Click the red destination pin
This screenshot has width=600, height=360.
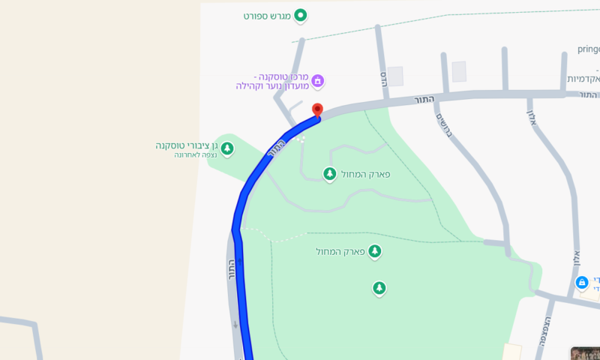(x=317, y=110)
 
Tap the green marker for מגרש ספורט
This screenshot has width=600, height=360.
(x=301, y=15)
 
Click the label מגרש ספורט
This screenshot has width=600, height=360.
(x=266, y=16)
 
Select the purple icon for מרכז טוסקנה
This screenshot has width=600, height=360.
(x=317, y=80)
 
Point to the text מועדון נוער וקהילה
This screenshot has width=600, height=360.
(x=270, y=86)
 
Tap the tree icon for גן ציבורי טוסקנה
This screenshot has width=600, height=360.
(x=226, y=148)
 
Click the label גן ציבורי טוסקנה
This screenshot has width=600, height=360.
(x=186, y=145)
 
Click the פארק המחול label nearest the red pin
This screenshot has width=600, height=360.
(x=364, y=174)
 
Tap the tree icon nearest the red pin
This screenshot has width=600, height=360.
(x=328, y=174)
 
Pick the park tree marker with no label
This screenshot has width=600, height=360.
(x=379, y=287)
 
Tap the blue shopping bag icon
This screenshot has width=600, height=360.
(x=581, y=283)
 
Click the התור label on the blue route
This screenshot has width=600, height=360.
(x=276, y=150)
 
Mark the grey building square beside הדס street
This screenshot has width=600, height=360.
(x=394, y=76)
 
